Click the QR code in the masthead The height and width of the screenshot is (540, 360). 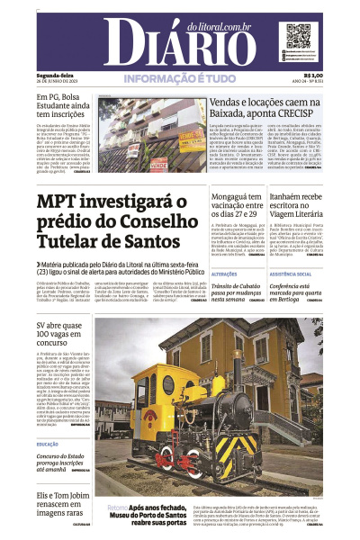tap(298, 38)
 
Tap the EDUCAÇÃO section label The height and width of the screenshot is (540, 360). tap(48, 444)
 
